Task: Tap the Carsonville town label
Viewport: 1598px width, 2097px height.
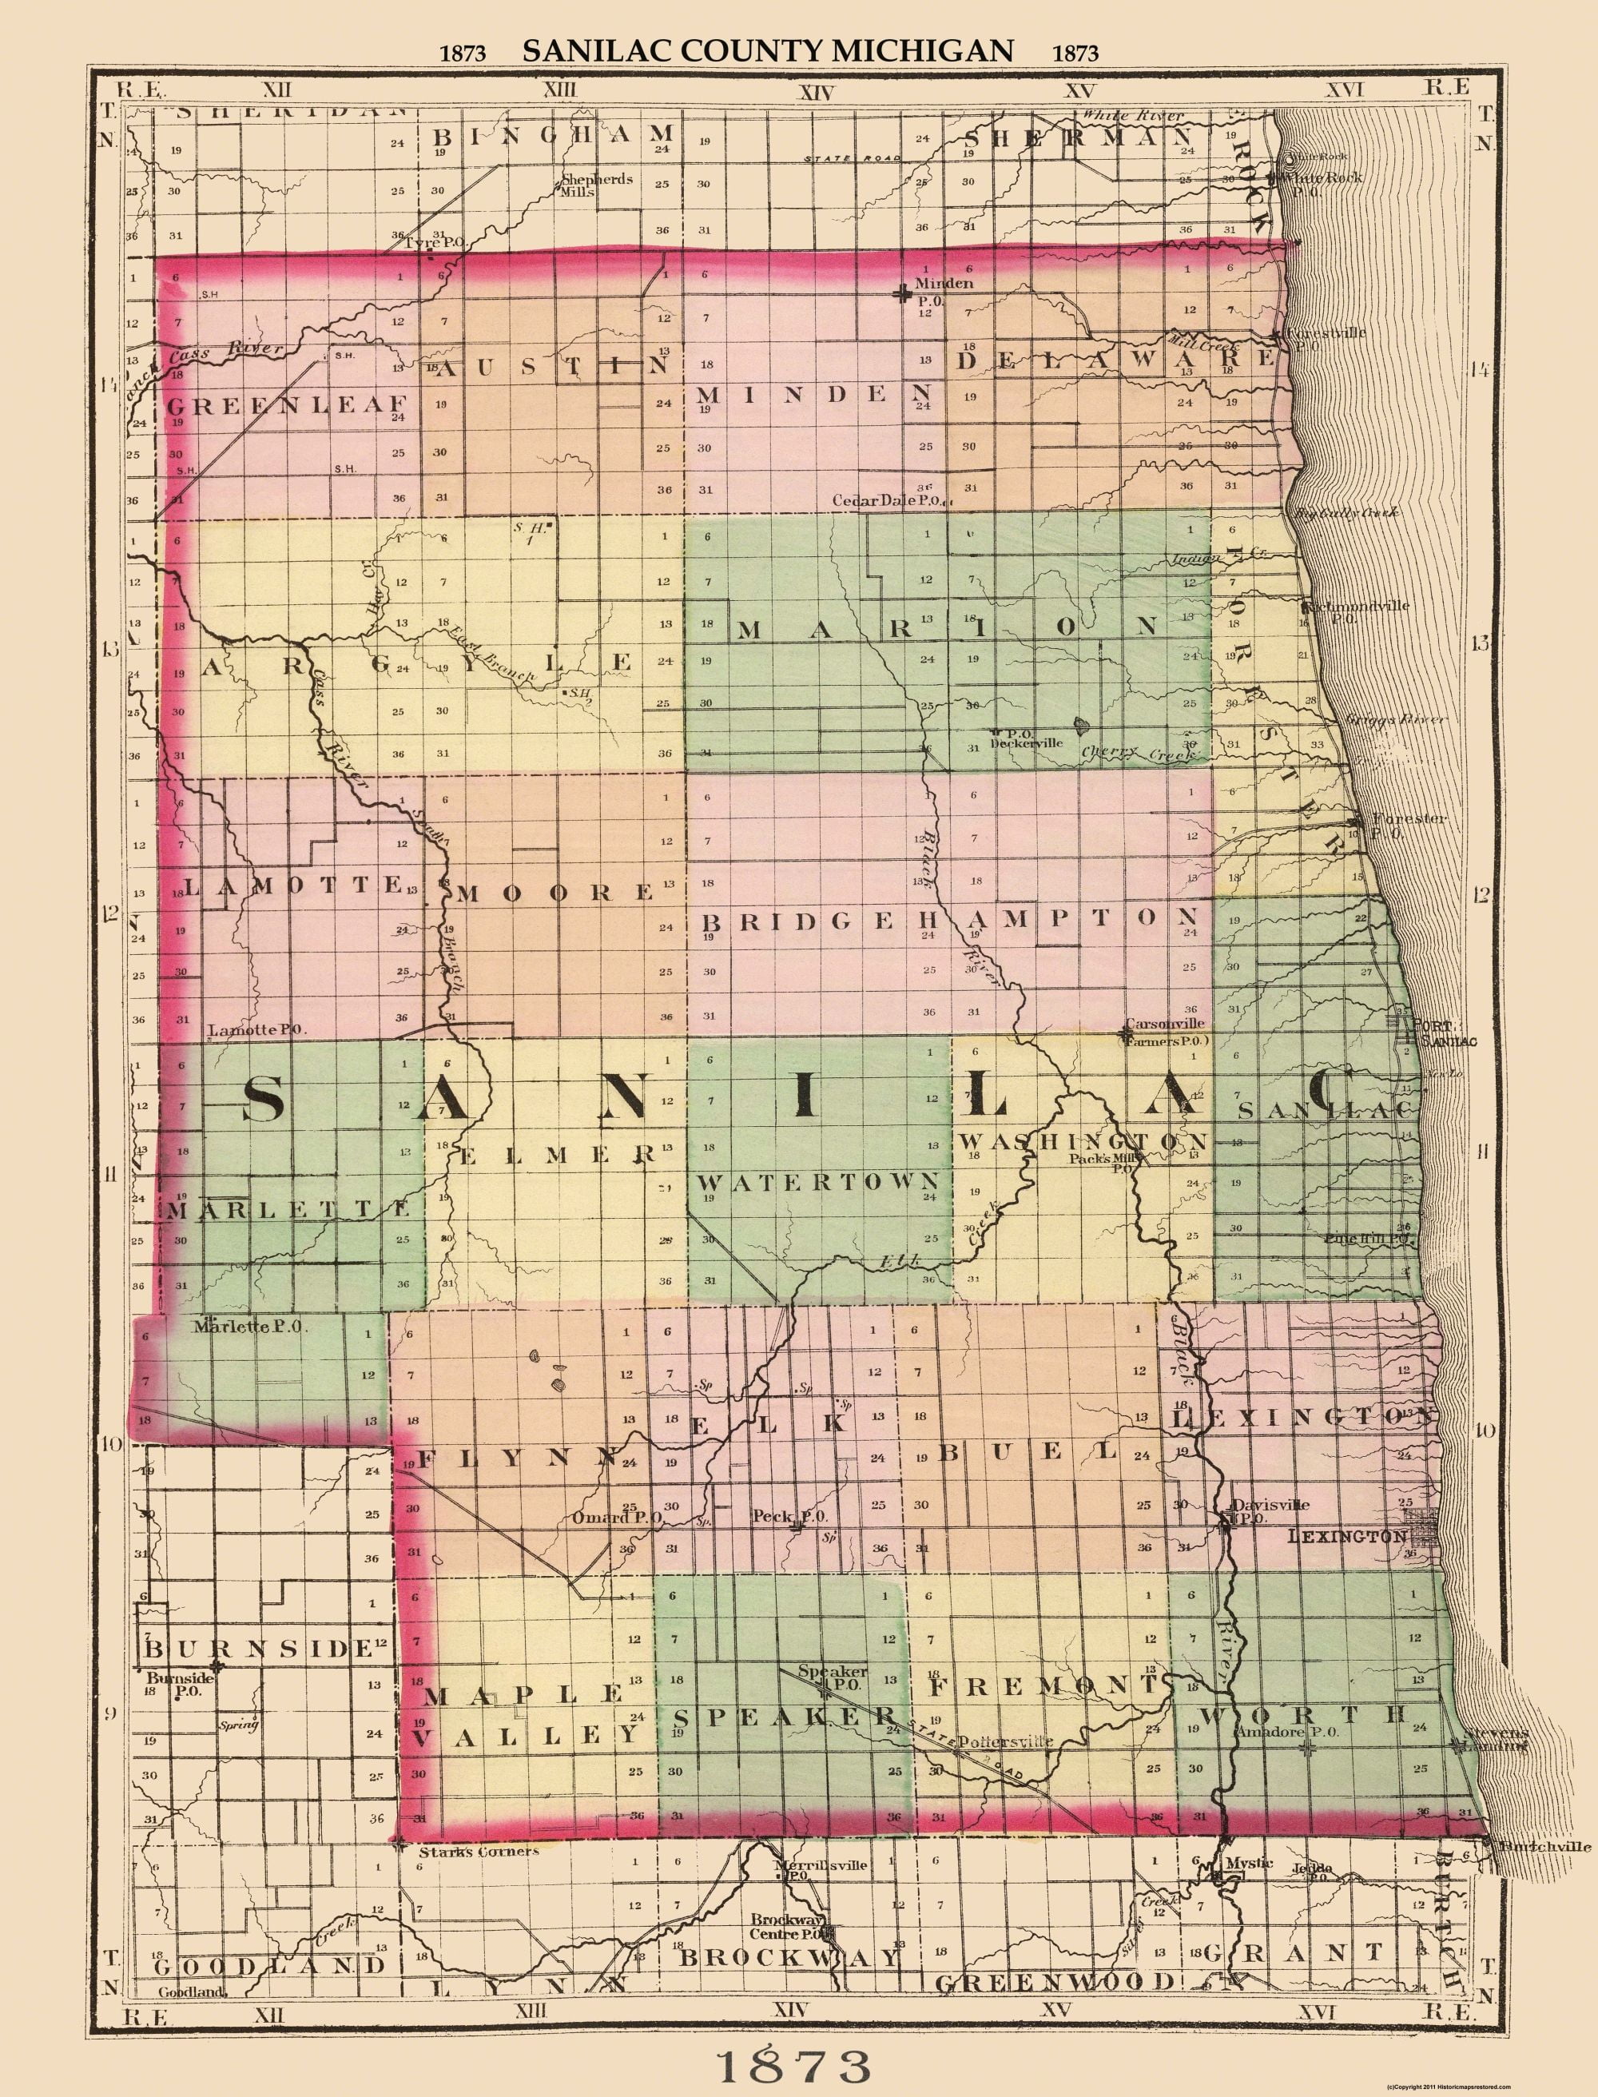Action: [x=1164, y=1024]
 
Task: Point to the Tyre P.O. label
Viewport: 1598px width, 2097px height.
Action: [x=434, y=244]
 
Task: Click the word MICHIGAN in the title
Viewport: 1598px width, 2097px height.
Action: [x=923, y=50]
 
